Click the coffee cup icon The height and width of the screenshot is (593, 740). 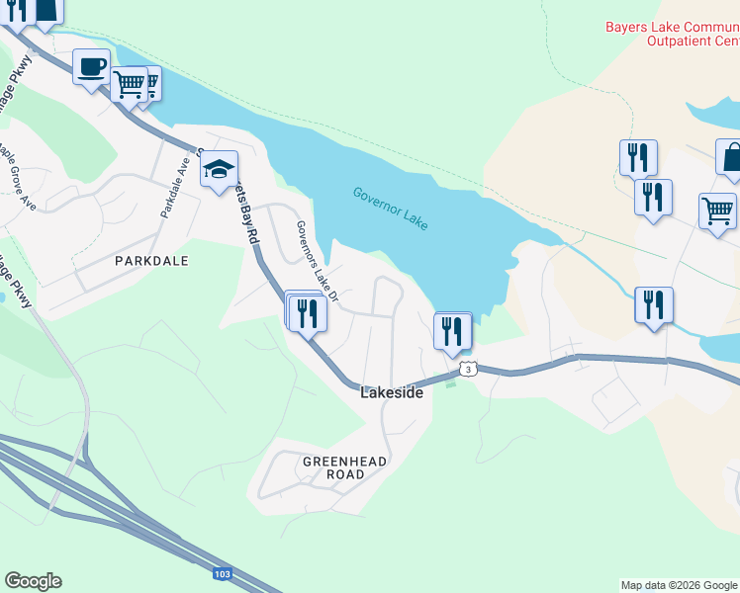[91, 67]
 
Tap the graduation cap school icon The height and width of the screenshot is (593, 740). [220, 170]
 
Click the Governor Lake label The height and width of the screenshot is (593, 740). [390, 209]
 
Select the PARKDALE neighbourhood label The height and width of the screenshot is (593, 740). [151, 261]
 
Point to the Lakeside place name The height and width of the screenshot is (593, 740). [392, 392]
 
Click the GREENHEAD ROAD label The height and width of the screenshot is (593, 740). [345, 467]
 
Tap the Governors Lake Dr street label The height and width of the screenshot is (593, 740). [318, 262]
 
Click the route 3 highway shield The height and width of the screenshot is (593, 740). [468, 369]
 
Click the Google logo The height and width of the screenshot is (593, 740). [33, 581]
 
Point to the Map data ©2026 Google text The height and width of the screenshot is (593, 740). [679, 585]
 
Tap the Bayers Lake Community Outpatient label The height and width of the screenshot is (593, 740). [673, 34]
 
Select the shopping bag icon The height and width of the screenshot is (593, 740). [733, 157]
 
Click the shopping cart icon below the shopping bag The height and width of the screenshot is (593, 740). [717, 211]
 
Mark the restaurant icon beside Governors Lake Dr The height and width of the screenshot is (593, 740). [309, 313]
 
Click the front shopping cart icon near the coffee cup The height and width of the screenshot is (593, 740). [129, 84]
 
